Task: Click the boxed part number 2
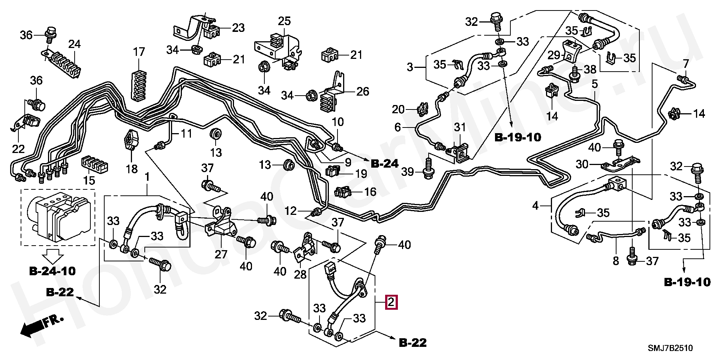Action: click(391, 302)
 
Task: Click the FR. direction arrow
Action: click(41, 326)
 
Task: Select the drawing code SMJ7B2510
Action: click(670, 348)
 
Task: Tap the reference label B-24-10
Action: click(52, 271)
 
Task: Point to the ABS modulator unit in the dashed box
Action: click(58, 217)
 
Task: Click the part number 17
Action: click(139, 52)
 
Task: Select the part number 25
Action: click(285, 21)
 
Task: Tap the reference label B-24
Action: click(384, 164)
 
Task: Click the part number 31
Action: click(460, 127)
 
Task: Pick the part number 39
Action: click(408, 172)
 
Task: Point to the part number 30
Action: click(582, 164)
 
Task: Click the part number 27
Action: click(221, 255)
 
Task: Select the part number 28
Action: click(300, 275)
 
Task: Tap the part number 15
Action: click(89, 181)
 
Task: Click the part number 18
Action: click(132, 169)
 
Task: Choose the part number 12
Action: click(291, 211)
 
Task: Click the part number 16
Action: click(370, 192)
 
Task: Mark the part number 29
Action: click(554, 55)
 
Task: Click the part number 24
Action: click(75, 44)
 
